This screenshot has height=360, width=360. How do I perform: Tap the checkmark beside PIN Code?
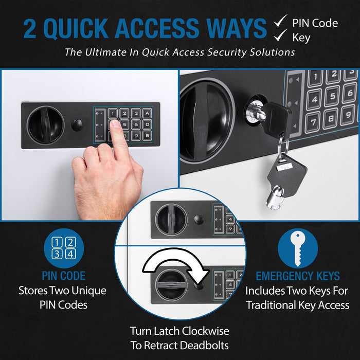click(280, 22)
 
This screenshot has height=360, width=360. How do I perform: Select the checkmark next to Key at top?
click(280, 37)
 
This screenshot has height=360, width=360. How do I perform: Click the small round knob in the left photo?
click(77, 124)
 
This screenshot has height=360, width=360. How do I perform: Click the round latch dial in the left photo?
click(46, 124)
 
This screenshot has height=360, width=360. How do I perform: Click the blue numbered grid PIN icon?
click(64, 247)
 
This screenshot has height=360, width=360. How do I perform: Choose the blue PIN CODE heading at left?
click(63, 276)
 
